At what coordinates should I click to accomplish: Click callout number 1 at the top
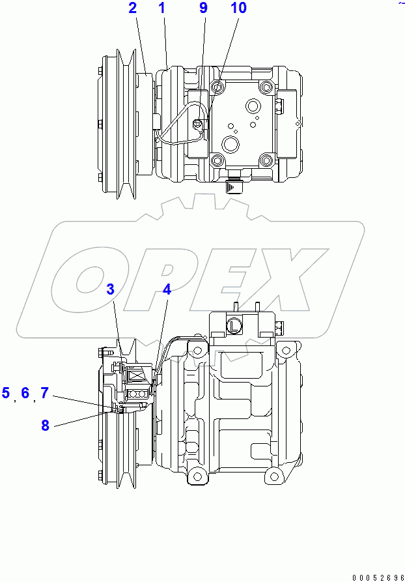point(161,8)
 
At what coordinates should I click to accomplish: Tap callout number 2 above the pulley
point(133,8)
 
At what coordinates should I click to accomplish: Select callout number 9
point(203,8)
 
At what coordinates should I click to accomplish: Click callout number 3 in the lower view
point(111,289)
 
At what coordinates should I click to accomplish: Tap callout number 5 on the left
point(6,393)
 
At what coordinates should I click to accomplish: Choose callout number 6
point(25,393)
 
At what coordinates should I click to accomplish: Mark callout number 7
point(44,393)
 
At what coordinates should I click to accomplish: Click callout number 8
point(45,426)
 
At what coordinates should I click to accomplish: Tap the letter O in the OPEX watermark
point(91,280)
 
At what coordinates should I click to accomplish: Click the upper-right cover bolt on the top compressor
point(264,88)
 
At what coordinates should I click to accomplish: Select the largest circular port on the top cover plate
point(230,143)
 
